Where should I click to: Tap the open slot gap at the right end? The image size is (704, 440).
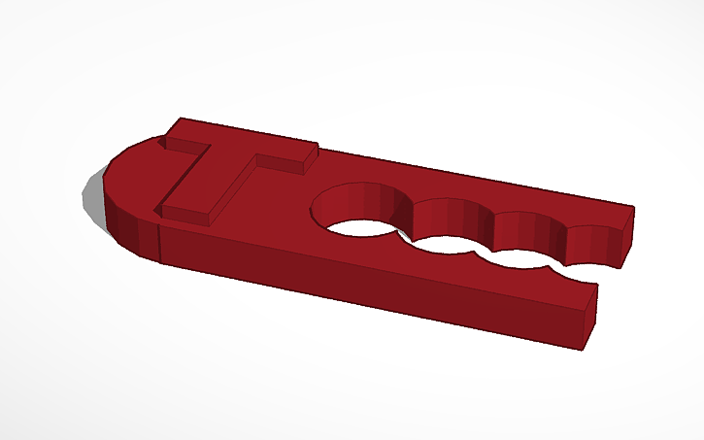(x=607, y=277)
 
